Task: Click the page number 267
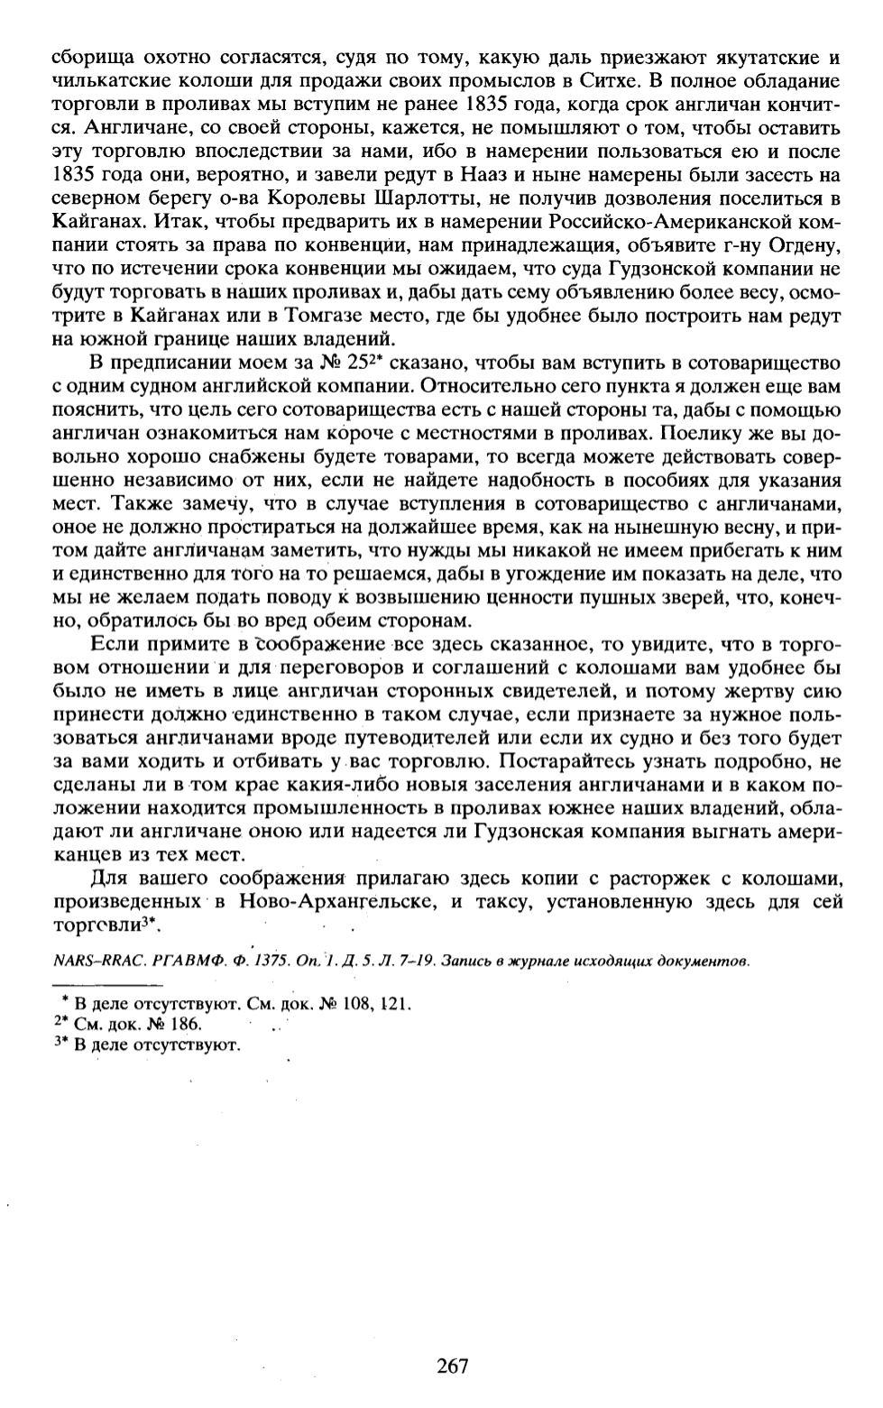click(x=452, y=1366)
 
